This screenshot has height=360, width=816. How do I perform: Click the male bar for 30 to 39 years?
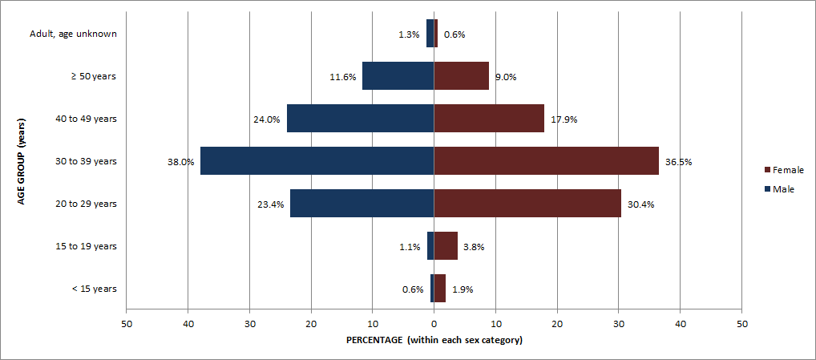317,160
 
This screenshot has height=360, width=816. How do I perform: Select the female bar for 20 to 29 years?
527,203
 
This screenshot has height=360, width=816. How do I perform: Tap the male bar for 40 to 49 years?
360,118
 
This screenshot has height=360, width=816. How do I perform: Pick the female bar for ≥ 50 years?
461,76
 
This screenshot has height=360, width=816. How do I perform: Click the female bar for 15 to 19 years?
446,245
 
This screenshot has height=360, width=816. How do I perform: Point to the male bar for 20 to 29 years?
362,203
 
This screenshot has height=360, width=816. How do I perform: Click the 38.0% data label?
180,162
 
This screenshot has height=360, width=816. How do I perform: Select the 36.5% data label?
678,162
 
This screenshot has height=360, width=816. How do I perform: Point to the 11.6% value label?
342,78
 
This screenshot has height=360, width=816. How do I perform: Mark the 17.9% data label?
564,119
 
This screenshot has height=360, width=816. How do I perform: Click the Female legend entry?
784,170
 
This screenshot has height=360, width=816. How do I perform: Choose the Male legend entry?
779,188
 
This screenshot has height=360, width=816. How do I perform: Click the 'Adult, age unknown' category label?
74,34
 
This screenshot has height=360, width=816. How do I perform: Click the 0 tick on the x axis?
434,324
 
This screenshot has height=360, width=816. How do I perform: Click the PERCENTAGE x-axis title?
434,340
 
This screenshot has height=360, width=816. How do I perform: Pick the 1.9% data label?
463,289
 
